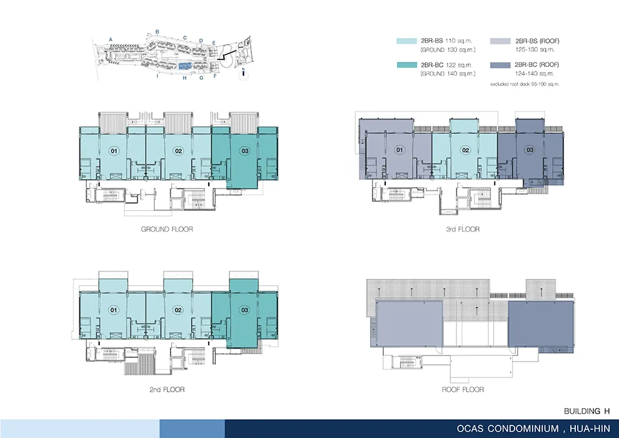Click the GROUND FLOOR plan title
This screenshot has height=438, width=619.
pyautogui.click(x=167, y=229)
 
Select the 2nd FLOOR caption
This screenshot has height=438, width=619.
pyautogui.click(x=167, y=389)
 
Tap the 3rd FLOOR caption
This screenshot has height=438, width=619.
pyautogui.click(x=463, y=229)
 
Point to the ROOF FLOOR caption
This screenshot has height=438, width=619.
pyautogui.click(x=463, y=389)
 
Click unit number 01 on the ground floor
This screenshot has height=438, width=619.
pyautogui.click(x=114, y=151)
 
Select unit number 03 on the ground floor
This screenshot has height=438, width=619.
pyautogui.click(x=245, y=151)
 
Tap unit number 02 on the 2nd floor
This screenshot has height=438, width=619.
pyautogui.click(x=178, y=310)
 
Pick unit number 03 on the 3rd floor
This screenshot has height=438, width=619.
pyautogui.click(x=530, y=150)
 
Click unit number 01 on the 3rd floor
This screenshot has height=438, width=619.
pyautogui.click(x=400, y=150)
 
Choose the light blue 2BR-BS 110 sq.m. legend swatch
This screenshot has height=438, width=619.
pyautogui.click(x=406, y=41)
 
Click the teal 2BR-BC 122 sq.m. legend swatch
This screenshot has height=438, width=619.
pyautogui.click(x=406, y=65)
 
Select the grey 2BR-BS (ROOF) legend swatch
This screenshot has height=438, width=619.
pyautogui.click(x=500, y=41)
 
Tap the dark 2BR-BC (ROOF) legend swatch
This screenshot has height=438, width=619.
pyautogui.click(x=500, y=65)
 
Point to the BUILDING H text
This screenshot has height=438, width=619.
pyautogui.click(x=587, y=411)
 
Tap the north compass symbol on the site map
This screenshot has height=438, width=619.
pyautogui.click(x=244, y=74)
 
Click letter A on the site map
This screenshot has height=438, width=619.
pyautogui.click(x=111, y=39)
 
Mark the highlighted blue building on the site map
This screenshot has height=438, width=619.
pyautogui.click(x=185, y=66)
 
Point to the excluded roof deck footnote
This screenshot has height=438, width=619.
pyautogui.click(x=525, y=84)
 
